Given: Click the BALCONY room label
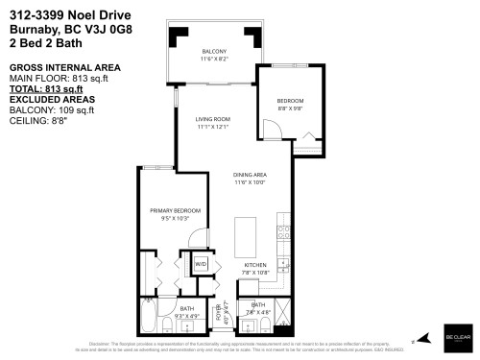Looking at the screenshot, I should (x=213, y=51).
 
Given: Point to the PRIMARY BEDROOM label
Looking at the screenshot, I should (x=175, y=210).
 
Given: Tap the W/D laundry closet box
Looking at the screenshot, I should (x=202, y=263).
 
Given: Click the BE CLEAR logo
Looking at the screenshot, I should (x=457, y=339).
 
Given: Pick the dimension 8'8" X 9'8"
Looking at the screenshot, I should (x=290, y=108).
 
